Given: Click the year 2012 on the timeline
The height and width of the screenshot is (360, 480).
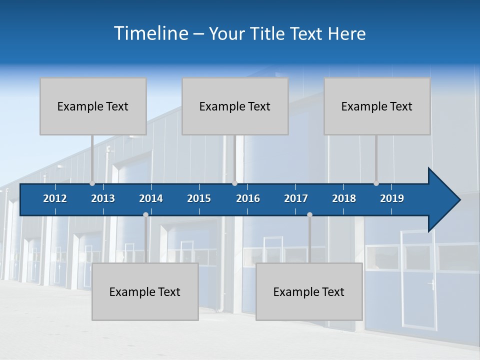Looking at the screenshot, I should (55, 198).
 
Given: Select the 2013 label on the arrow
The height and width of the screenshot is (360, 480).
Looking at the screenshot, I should (103, 198).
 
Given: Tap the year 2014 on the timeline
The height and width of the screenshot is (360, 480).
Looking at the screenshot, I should (151, 198).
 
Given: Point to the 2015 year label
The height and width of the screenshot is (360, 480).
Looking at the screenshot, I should (199, 198).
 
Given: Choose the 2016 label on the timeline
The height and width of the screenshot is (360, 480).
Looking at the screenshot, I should (248, 198).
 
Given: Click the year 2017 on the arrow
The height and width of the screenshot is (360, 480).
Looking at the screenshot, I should (296, 198).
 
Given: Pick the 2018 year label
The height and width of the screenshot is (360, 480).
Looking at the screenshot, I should (344, 198).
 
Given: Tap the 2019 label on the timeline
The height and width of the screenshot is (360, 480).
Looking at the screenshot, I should (392, 198).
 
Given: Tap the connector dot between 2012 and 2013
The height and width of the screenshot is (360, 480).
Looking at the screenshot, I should (92, 183).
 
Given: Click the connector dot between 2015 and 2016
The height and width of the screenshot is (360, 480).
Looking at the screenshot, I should (234, 183).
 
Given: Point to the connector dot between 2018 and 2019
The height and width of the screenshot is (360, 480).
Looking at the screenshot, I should (376, 183).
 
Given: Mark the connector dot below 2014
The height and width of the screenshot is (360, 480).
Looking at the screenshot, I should (145, 215).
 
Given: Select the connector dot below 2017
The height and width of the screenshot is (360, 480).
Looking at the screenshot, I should (309, 215).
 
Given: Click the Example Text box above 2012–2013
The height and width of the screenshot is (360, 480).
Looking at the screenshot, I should (93, 106).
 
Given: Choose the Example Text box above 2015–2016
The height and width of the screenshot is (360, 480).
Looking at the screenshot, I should (235, 106).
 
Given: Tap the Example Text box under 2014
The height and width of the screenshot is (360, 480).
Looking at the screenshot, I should (145, 292).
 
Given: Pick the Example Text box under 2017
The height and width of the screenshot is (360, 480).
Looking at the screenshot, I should (309, 292).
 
